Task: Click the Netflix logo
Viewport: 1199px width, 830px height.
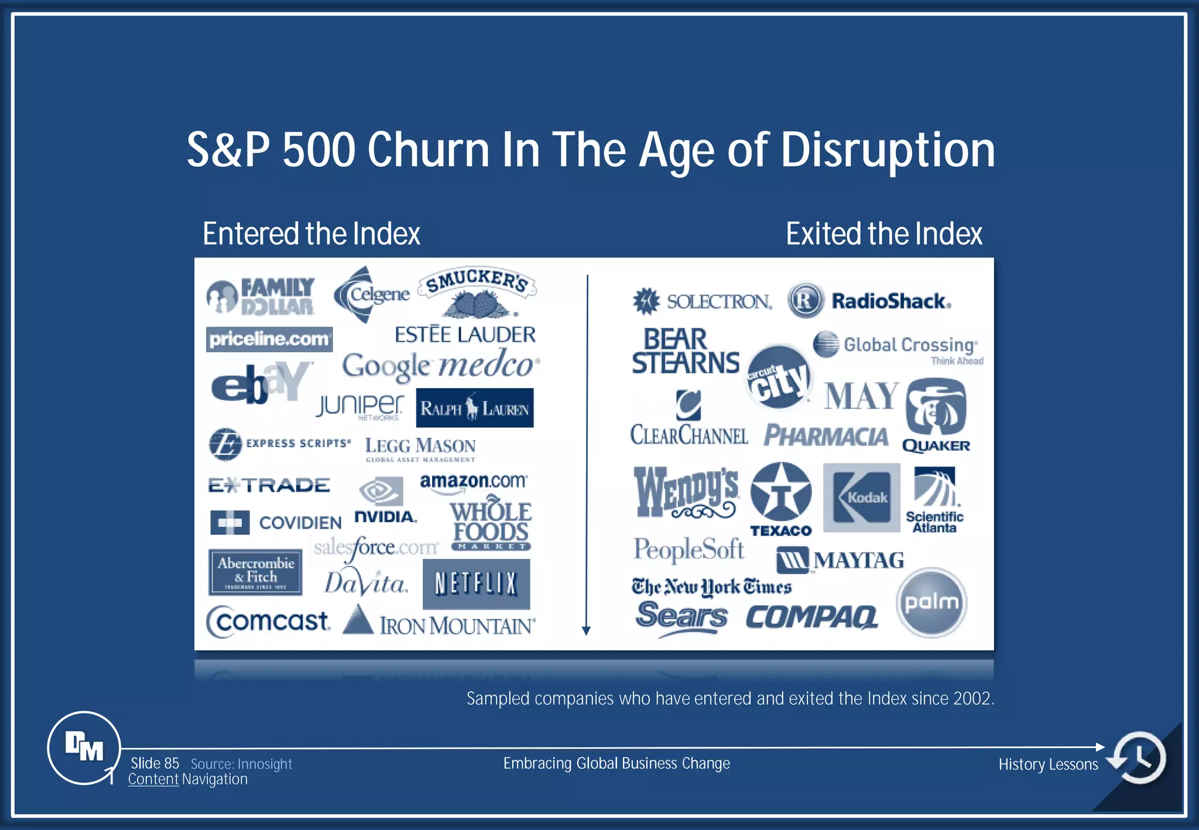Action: (x=476, y=584)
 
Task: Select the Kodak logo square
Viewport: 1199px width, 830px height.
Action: (x=861, y=498)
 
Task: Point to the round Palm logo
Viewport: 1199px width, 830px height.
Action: (x=931, y=602)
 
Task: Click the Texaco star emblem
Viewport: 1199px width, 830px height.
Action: (x=780, y=492)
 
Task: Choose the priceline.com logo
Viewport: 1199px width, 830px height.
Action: (x=269, y=339)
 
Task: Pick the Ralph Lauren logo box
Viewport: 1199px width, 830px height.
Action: (x=475, y=408)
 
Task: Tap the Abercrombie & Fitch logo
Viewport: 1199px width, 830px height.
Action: (x=255, y=572)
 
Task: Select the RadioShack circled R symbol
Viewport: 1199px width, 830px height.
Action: (x=806, y=301)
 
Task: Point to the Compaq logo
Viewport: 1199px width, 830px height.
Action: (x=812, y=617)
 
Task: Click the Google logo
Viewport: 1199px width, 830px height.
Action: (x=386, y=367)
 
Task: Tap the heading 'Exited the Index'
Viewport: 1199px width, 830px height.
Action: (x=883, y=234)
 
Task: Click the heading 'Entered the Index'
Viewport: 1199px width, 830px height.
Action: (x=311, y=234)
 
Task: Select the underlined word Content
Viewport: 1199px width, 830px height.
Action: (x=153, y=779)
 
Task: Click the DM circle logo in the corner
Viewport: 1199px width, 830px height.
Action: (x=84, y=747)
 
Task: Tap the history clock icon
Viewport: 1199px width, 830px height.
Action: (x=1139, y=757)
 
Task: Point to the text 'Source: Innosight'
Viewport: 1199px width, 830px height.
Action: (x=241, y=764)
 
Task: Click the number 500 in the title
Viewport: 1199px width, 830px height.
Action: (x=319, y=150)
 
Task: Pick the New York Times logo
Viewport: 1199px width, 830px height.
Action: (x=711, y=587)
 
